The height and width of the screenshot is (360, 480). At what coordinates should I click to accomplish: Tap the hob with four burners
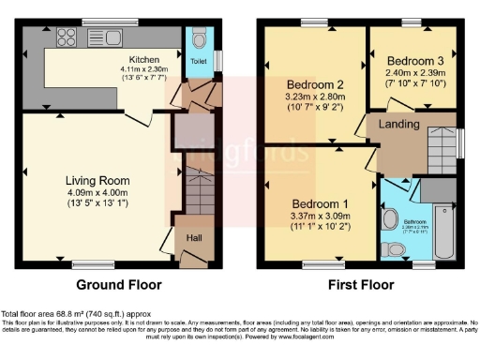pyautogui.click(x=67, y=39)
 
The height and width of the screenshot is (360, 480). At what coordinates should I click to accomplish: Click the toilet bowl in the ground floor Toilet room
pyautogui.click(x=197, y=39)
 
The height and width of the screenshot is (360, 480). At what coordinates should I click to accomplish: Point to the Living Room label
pyautogui.click(x=97, y=180)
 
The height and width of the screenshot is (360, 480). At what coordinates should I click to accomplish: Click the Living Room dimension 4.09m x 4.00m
pyautogui.click(x=97, y=193)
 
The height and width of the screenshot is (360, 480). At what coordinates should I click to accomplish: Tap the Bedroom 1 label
pyautogui.click(x=321, y=203)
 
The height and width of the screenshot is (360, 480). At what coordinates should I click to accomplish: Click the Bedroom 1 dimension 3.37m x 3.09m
pyautogui.click(x=321, y=217)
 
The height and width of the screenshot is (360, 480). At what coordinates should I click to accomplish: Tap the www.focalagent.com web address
pyautogui.click(x=326, y=337)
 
